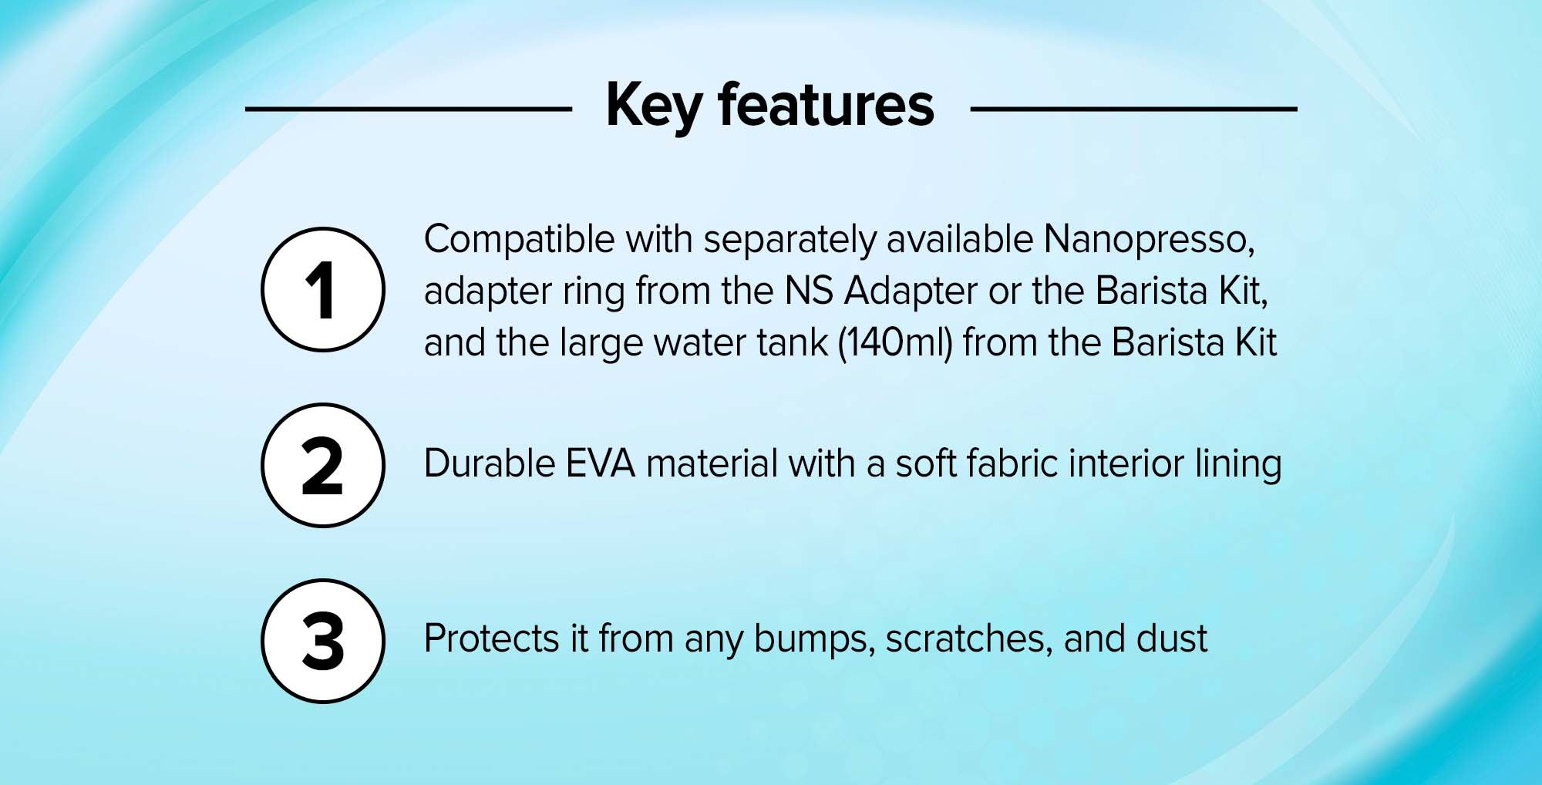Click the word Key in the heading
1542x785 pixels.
tap(653, 107)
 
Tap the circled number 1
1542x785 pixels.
tap(323, 289)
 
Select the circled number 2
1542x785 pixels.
tap(323, 465)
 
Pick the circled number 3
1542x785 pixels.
tap(323, 641)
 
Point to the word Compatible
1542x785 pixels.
tap(520, 241)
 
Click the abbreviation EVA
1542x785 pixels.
tap(601, 464)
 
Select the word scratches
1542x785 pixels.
tap(969, 640)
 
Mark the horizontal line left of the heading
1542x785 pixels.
tap(409, 109)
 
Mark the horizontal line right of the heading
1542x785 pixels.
tap(1133, 109)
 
